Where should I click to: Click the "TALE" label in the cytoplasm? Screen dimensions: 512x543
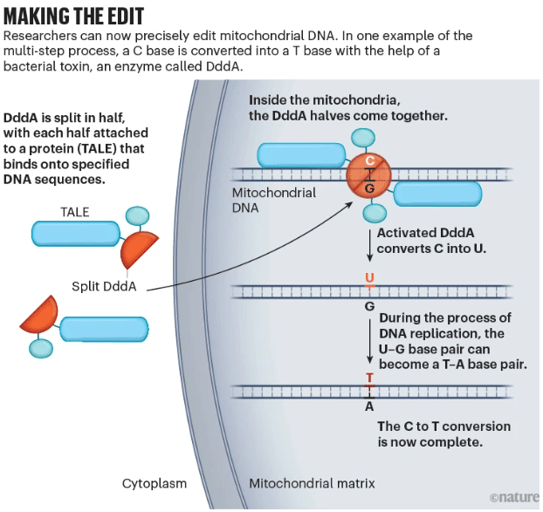tap(74, 212)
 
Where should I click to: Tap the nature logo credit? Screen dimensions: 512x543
tap(514, 497)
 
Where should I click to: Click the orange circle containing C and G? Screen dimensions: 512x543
tap(370, 174)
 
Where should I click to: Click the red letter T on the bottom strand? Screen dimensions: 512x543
tap(370, 379)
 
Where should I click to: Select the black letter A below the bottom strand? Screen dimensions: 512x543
tap(370, 406)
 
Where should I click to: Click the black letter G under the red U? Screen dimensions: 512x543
tap(370, 306)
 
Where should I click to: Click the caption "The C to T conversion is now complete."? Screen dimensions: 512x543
tap(443, 434)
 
